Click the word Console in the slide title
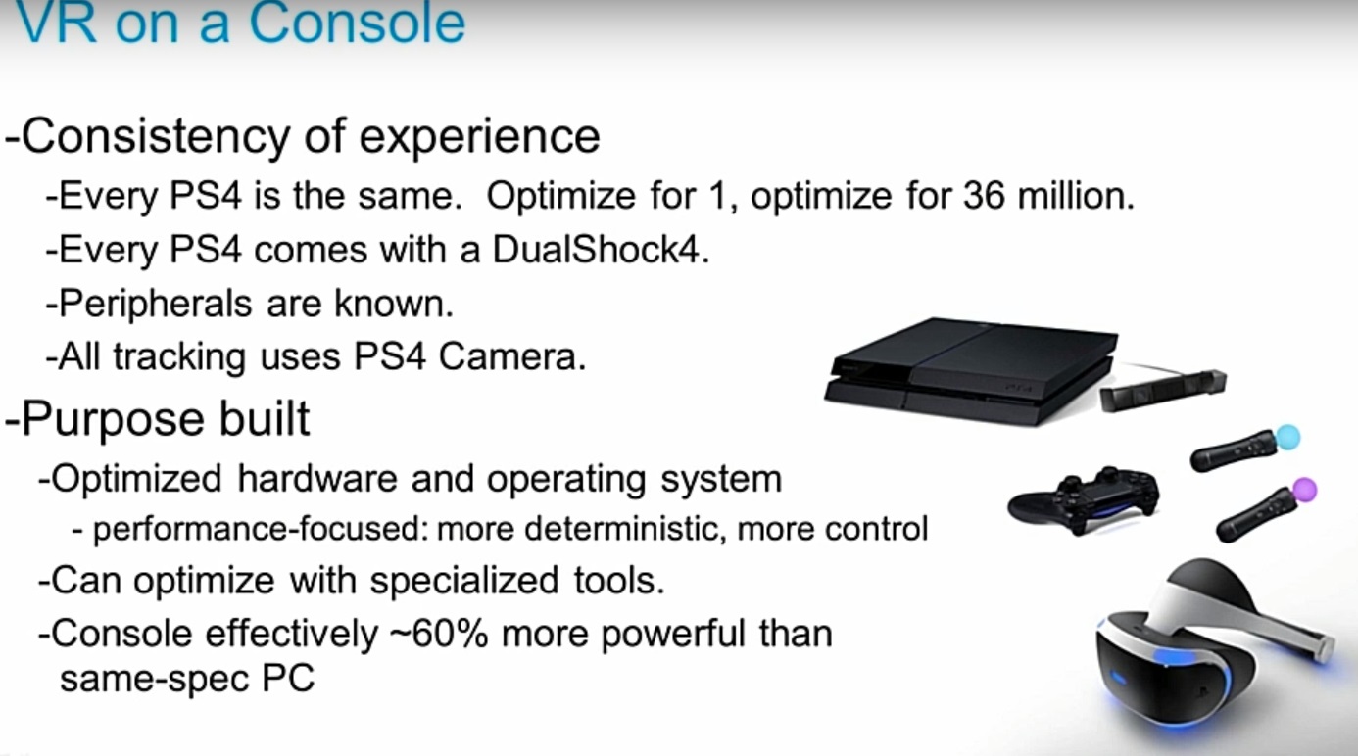pyautogui.click(x=357, y=23)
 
